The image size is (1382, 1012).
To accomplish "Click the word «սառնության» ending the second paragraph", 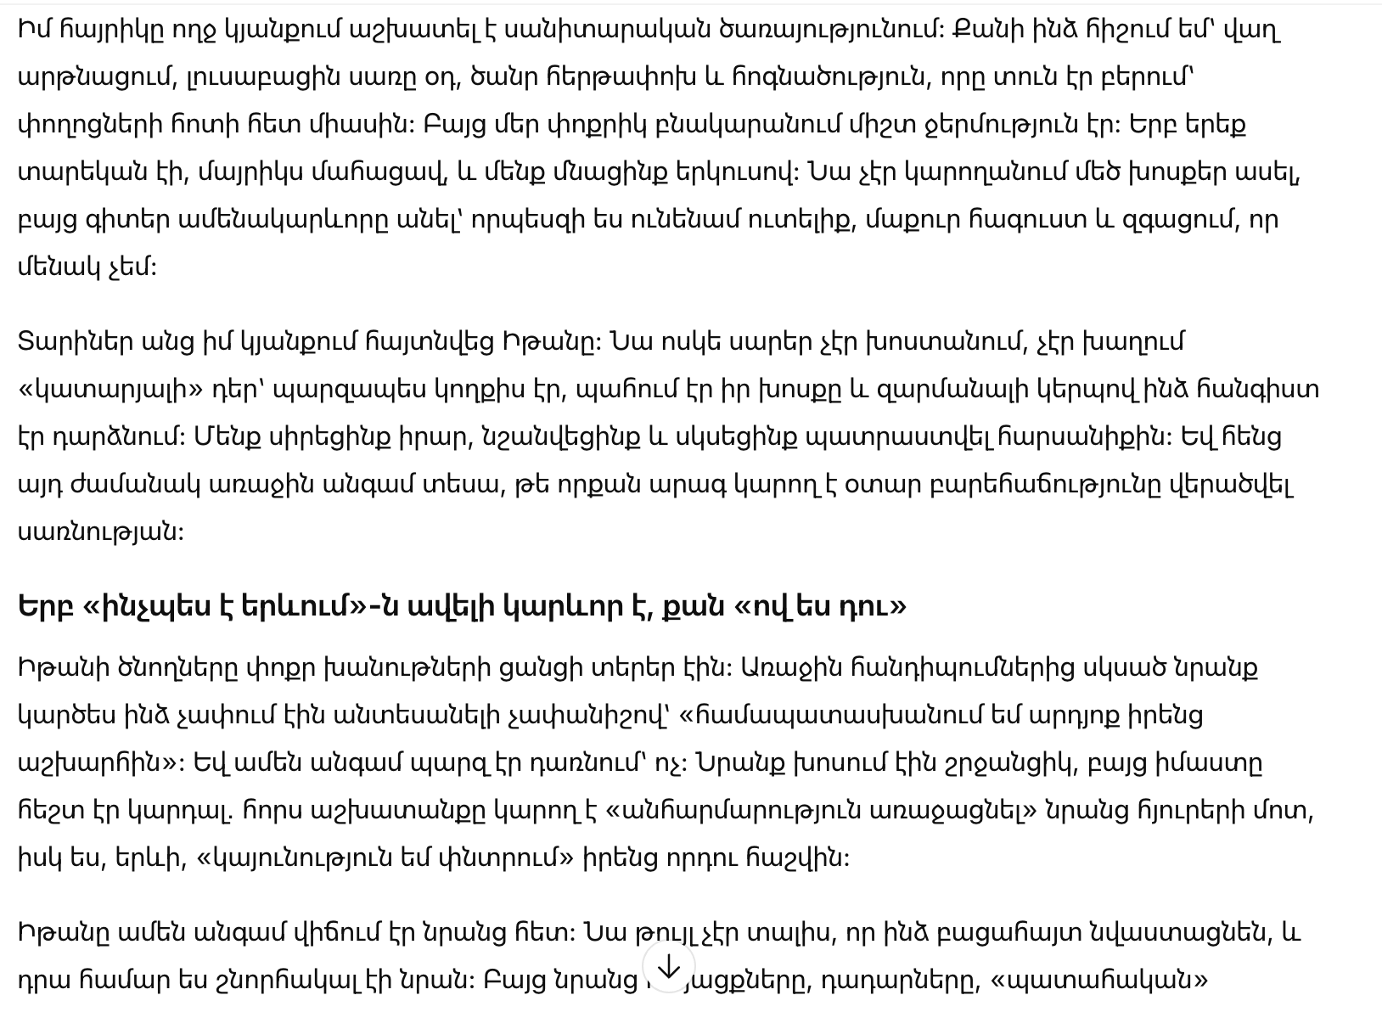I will pos(100,532).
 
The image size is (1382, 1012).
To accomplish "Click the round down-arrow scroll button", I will pos(669,967).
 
